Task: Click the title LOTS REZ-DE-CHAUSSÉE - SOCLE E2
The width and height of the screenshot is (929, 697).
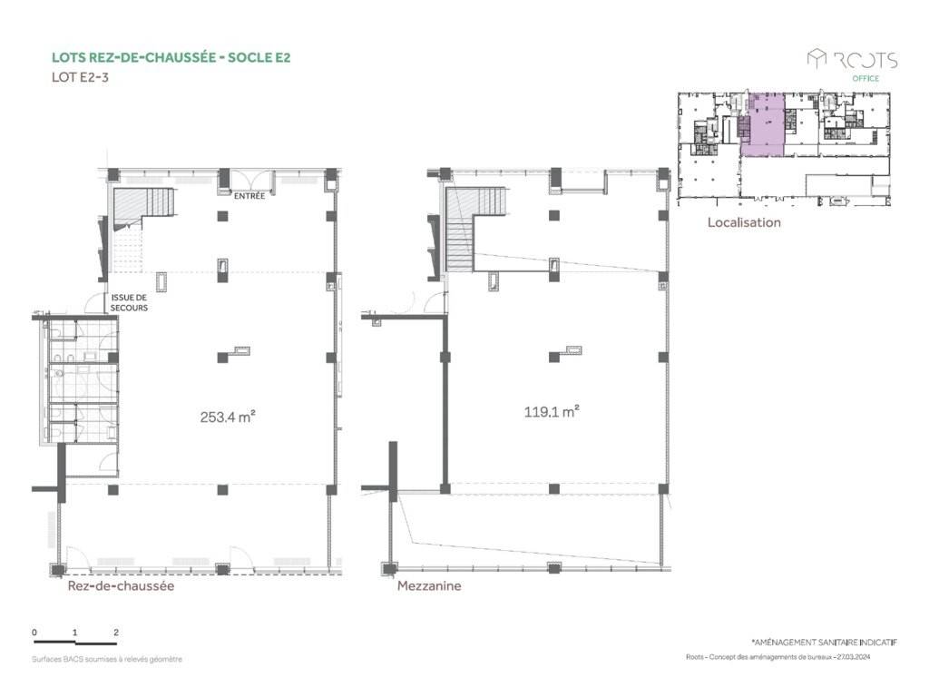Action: [x=171, y=57]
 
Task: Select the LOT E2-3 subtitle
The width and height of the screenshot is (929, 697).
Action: [x=80, y=76]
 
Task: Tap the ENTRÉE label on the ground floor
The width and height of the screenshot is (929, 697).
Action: [x=249, y=196]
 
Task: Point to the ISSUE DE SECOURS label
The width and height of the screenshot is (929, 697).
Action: [x=129, y=302]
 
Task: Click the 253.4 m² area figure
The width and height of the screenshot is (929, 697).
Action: [x=228, y=417]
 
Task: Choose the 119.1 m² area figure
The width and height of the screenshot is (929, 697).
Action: [x=551, y=411]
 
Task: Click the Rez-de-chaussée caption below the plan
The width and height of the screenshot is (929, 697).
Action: [x=121, y=585]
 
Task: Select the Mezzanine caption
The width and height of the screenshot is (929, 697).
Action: [x=429, y=585]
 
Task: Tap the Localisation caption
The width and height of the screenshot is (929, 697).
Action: [x=744, y=222]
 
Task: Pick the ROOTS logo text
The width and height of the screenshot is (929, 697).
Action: [x=865, y=60]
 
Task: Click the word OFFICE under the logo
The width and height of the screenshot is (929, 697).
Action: [x=865, y=78]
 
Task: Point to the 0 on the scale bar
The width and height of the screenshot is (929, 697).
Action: [x=34, y=633]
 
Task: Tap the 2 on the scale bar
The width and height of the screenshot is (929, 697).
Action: [x=116, y=633]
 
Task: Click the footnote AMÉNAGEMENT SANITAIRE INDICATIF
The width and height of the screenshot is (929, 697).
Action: [x=825, y=642]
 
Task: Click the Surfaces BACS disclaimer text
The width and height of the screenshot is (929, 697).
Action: [x=107, y=659]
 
